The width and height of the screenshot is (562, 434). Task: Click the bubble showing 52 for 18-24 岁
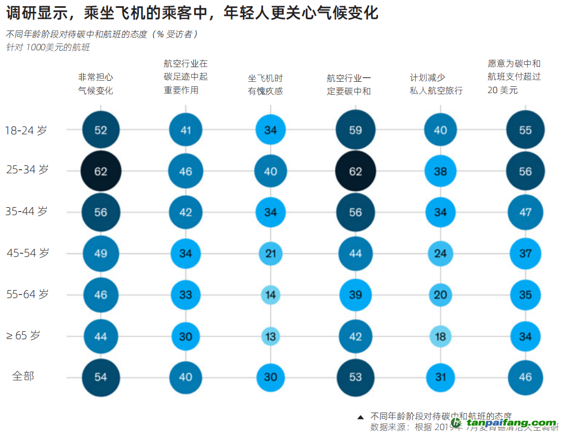[101, 130]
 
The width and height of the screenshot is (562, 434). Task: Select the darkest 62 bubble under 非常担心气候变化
[101, 171]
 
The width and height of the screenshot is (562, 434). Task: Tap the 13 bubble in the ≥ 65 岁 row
[271, 337]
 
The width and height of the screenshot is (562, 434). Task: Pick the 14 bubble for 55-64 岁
[271, 295]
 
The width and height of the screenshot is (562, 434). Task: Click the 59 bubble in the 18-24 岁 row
[355, 130]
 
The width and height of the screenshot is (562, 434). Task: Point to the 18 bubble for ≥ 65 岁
[440, 337]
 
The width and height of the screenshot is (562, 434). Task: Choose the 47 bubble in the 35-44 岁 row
[525, 212]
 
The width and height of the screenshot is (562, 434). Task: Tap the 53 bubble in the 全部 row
[355, 376]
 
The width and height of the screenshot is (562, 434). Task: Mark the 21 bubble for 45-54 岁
[271, 253]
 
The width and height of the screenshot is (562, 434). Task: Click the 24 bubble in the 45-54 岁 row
[440, 253]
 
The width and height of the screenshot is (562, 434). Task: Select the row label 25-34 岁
[27, 169]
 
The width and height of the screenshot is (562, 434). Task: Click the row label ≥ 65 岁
[23, 335]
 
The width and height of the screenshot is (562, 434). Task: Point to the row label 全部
[23, 376]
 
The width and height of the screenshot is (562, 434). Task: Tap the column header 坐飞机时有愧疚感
[265, 85]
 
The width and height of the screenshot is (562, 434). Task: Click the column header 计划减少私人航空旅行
[436, 85]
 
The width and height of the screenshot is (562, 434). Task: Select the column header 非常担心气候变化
[95, 84]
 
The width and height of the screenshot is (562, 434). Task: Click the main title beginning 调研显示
[192, 13]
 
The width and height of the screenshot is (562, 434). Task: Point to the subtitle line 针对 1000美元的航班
[48, 47]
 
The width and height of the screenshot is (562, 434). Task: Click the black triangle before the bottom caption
[361, 417]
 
